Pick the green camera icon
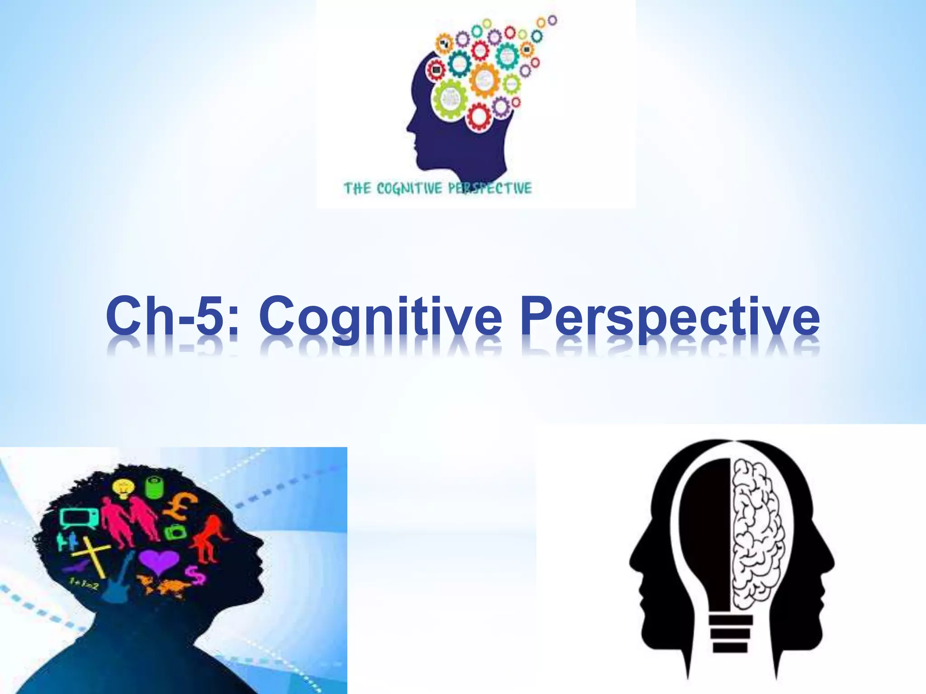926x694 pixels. click(x=173, y=532)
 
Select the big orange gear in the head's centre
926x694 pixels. click(x=484, y=80)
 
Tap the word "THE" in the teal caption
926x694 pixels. click(x=357, y=188)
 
